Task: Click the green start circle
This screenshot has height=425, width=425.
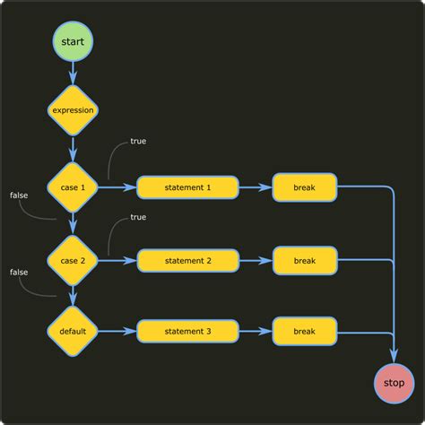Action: point(73,41)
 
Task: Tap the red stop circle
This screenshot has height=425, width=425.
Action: point(395,383)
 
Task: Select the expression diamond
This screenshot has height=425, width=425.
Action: point(73,109)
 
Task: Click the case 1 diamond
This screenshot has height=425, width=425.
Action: point(73,187)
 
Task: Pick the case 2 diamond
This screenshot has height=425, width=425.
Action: point(73,260)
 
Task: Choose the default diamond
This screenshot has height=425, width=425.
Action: point(73,331)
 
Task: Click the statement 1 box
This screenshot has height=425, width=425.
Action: point(188,187)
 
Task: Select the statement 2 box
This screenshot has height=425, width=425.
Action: point(188,260)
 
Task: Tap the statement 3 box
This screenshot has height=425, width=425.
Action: point(188,331)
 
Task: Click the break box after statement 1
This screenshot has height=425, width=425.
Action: point(305,187)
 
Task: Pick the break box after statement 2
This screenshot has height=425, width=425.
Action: point(305,260)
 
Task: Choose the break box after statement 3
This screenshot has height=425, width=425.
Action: point(305,331)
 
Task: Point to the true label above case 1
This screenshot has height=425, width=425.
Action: point(138,142)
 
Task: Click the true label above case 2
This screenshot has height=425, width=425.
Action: point(138,217)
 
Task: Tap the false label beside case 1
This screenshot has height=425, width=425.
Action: point(19,195)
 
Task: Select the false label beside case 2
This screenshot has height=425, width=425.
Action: point(19,271)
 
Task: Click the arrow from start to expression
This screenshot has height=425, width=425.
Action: point(73,74)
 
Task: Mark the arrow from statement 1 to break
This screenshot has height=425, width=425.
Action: point(256,187)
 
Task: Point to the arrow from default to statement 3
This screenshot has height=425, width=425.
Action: point(117,331)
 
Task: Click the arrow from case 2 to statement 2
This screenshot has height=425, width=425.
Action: point(117,260)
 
